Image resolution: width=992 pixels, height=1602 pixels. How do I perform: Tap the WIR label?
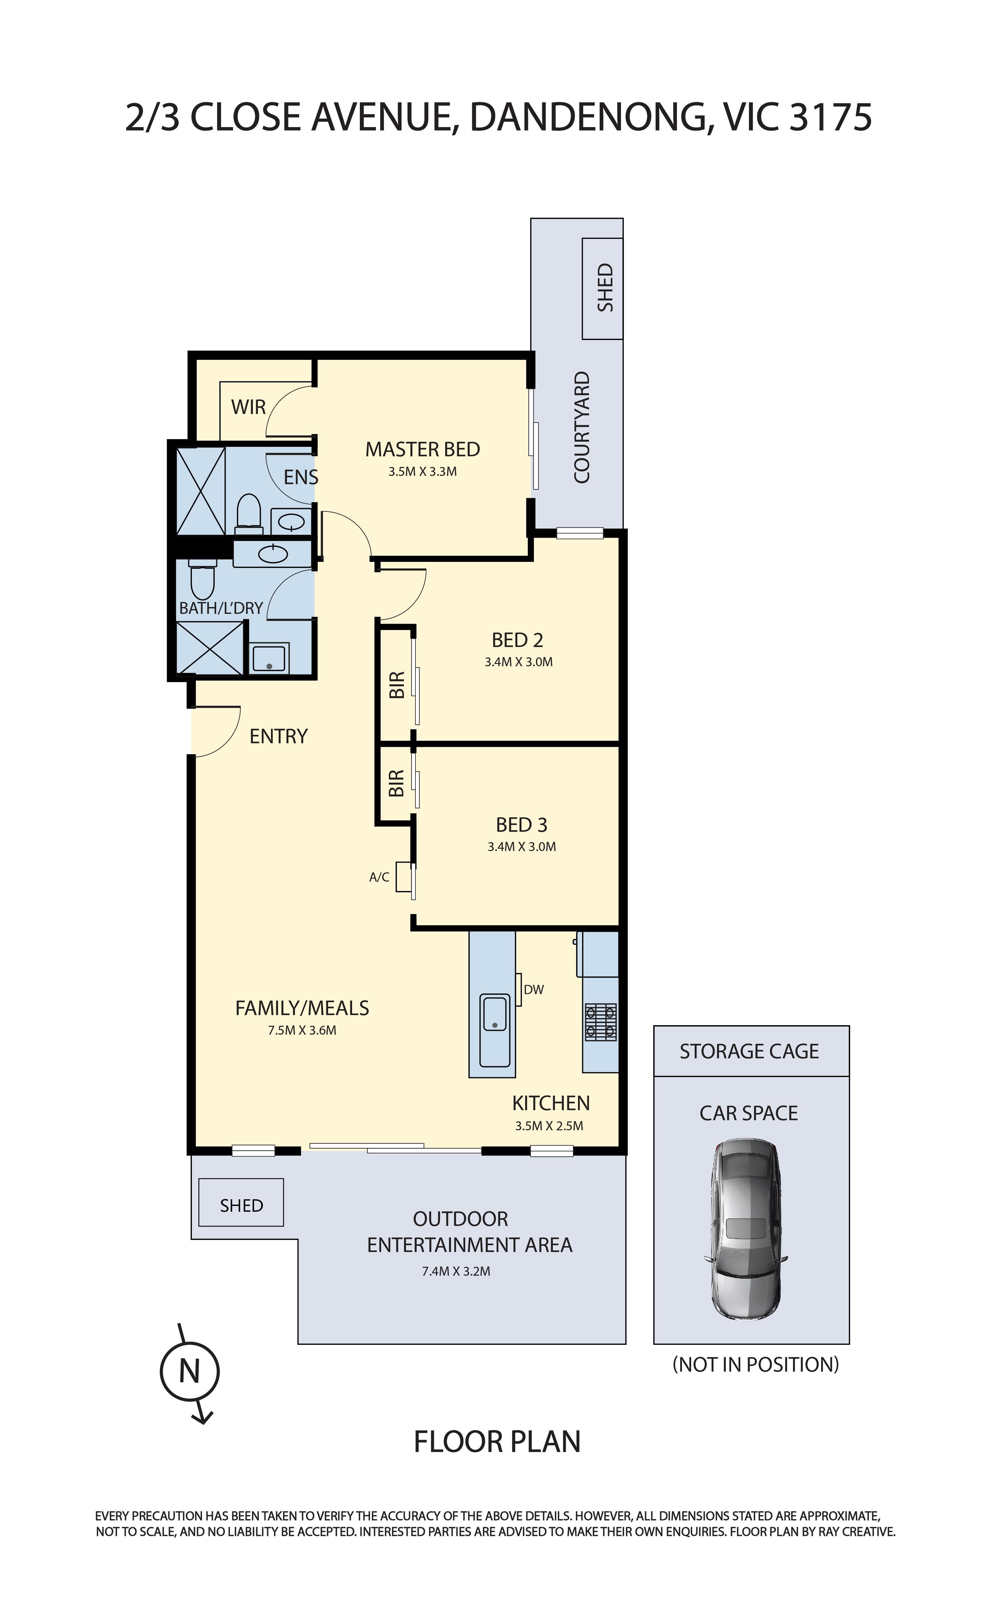(x=249, y=407)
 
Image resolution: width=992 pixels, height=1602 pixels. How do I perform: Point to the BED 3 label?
(x=521, y=825)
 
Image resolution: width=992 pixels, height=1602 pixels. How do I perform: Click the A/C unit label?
(x=379, y=877)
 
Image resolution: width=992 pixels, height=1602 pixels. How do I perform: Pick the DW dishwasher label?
(x=534, y=989)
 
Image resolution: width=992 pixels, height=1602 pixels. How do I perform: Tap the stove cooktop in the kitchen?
(x=601, y=1021)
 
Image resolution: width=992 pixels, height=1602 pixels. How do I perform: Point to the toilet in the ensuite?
(x=249, y=514)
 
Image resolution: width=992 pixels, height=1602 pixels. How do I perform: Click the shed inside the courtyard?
(x=602, y=289)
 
